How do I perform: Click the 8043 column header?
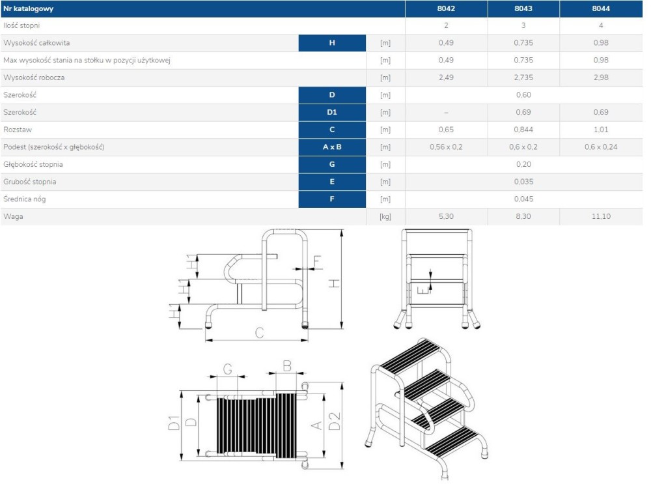click(x=523, y=8)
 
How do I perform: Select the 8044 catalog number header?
click(x=601, y=8)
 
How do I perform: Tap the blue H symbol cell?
click(x=332, y=43)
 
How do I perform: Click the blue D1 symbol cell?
click(x=332, y=112)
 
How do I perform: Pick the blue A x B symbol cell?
click(x=332, y=147)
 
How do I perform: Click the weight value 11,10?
click(x=601, y=216)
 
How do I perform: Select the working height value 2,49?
click(x=446, y=78)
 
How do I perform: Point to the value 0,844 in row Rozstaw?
click(x=523, y=130)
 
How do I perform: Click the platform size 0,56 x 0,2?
click(x=446, y=147)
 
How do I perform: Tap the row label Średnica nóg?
click(x=25, y=199)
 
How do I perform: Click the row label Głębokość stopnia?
click(x=33, y=165)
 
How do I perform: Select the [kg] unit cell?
click(x=385, y=216)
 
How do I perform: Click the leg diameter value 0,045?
click(x=523, y=199)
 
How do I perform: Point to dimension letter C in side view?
click(x=260, y=333)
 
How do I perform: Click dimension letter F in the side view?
click(x=317, y=262)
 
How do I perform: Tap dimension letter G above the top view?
click(x=227, y=369)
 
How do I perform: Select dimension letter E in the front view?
click(x=421, y=290)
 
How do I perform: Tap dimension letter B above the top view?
click(x=287, y=366)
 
